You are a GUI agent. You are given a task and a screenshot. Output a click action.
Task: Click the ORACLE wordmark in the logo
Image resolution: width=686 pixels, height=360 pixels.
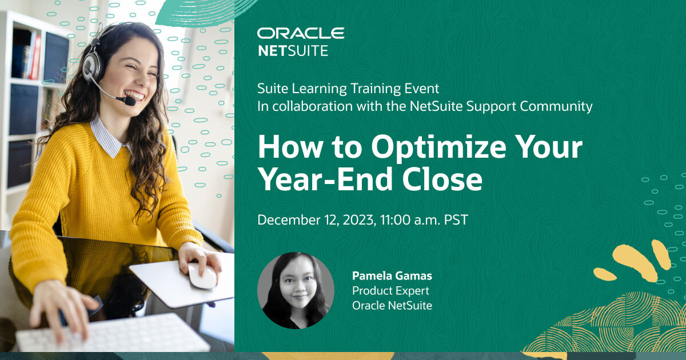[x=301, y=34]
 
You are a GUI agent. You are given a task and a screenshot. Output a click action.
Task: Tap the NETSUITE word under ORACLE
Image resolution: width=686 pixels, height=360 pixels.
[x=293, y=51]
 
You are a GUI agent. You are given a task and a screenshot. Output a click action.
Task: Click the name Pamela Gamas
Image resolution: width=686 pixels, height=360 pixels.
[x=392, y=276]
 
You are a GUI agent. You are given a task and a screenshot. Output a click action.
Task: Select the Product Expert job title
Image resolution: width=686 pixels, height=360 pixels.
[x=390, y=291]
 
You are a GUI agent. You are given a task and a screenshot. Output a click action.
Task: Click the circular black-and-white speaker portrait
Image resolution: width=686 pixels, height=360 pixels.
[x=296, y=290]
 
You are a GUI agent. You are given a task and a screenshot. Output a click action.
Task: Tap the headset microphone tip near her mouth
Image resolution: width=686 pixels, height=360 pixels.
[x=130, y=101]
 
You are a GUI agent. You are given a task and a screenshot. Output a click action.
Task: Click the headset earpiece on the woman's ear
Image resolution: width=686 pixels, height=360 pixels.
[x=91, y=65]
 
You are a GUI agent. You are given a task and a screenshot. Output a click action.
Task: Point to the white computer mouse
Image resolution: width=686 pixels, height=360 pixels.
[x=202, y=276]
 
